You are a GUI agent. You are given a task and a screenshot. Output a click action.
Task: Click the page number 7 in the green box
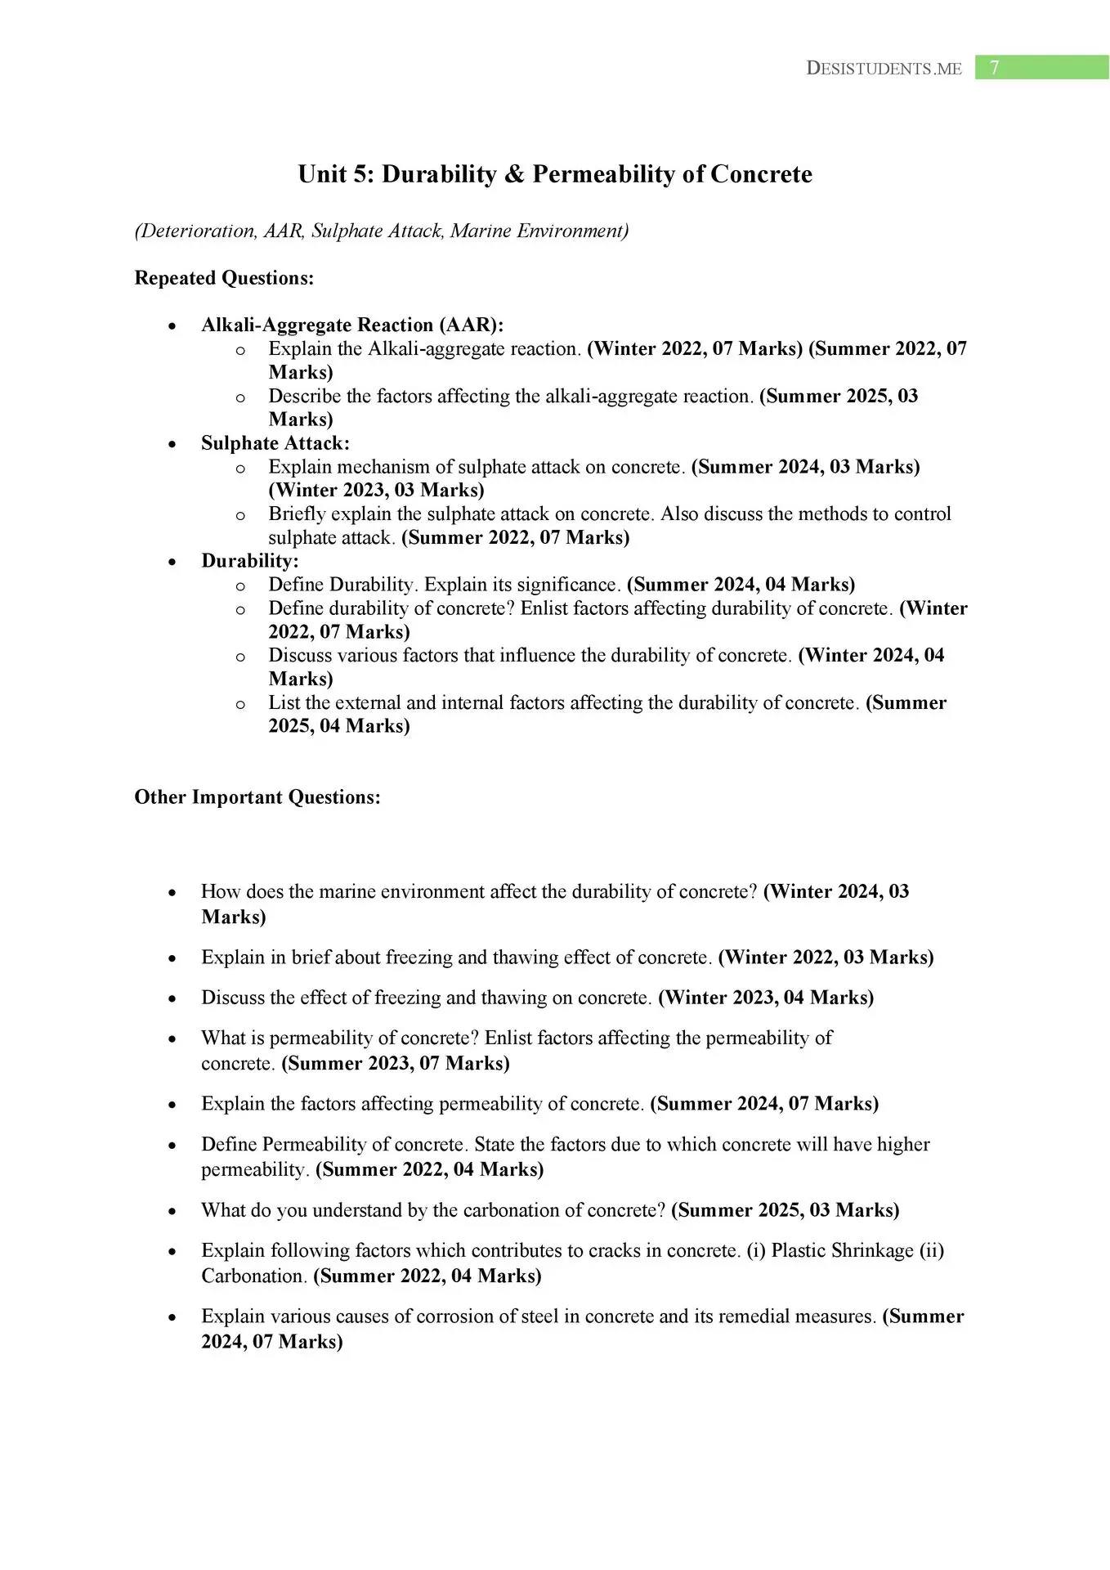click(994, 68)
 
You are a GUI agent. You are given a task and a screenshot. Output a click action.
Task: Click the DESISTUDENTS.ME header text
click(884, 69)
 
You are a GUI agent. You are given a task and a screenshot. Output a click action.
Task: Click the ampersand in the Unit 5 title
click(514, 174)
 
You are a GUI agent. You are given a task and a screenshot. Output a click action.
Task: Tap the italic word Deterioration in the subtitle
click(196, 231)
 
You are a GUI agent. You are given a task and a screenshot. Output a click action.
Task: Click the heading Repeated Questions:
click(224, 278)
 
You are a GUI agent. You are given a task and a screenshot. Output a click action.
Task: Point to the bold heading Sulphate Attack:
click(275, 443)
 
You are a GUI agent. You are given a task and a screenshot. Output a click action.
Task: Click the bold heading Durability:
click(250, 561)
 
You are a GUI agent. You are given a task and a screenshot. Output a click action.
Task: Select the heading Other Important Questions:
click(257, 797)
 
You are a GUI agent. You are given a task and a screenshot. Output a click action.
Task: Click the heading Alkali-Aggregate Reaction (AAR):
click(352, 325)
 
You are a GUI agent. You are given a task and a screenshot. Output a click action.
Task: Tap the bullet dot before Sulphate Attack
click(172, 444)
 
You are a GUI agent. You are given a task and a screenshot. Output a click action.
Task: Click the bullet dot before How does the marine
click(172, 893)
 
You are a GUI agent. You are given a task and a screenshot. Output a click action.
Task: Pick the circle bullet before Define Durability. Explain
click(240, 585)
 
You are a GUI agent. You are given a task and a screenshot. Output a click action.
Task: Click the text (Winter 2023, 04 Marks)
click(766, 998)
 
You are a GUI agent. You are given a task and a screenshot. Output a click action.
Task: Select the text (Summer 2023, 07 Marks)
click(396, 1063)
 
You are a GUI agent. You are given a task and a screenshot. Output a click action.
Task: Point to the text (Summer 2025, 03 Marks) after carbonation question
click(785, 1210)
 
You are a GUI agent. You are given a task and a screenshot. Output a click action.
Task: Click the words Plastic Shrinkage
click(842, 1251)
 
